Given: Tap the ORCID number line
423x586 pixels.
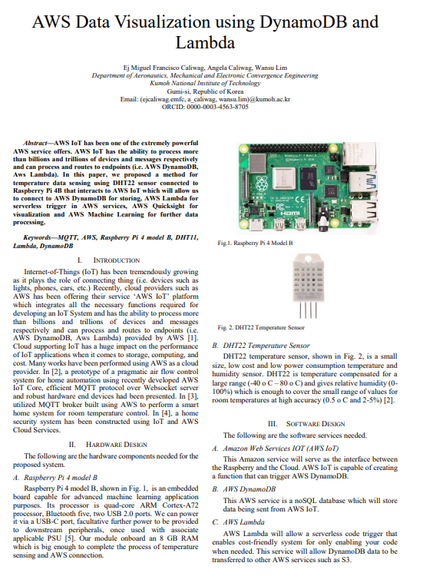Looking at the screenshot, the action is click(205, 107).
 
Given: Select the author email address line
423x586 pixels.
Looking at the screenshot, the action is click(205, 99).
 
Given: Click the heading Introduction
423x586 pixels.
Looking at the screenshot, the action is click(116, 260).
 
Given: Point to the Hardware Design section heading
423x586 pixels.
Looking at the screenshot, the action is click(116, 445).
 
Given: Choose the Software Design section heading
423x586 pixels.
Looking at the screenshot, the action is click(316, 424).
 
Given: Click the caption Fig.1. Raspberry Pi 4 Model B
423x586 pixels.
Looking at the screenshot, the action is click(255, 243).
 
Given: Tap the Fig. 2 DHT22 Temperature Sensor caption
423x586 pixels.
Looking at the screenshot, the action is click(261, 327).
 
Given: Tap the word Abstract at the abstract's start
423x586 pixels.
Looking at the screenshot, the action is click(35, 143).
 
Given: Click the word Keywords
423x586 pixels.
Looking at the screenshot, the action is click(37, 237).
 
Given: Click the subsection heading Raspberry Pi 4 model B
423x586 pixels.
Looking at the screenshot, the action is click(61, 478).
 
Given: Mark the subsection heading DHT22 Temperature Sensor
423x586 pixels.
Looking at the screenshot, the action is click(266, 346).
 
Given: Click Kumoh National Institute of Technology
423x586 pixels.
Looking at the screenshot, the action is click(205, 84).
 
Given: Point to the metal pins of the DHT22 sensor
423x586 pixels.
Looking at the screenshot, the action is click(309, 310).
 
